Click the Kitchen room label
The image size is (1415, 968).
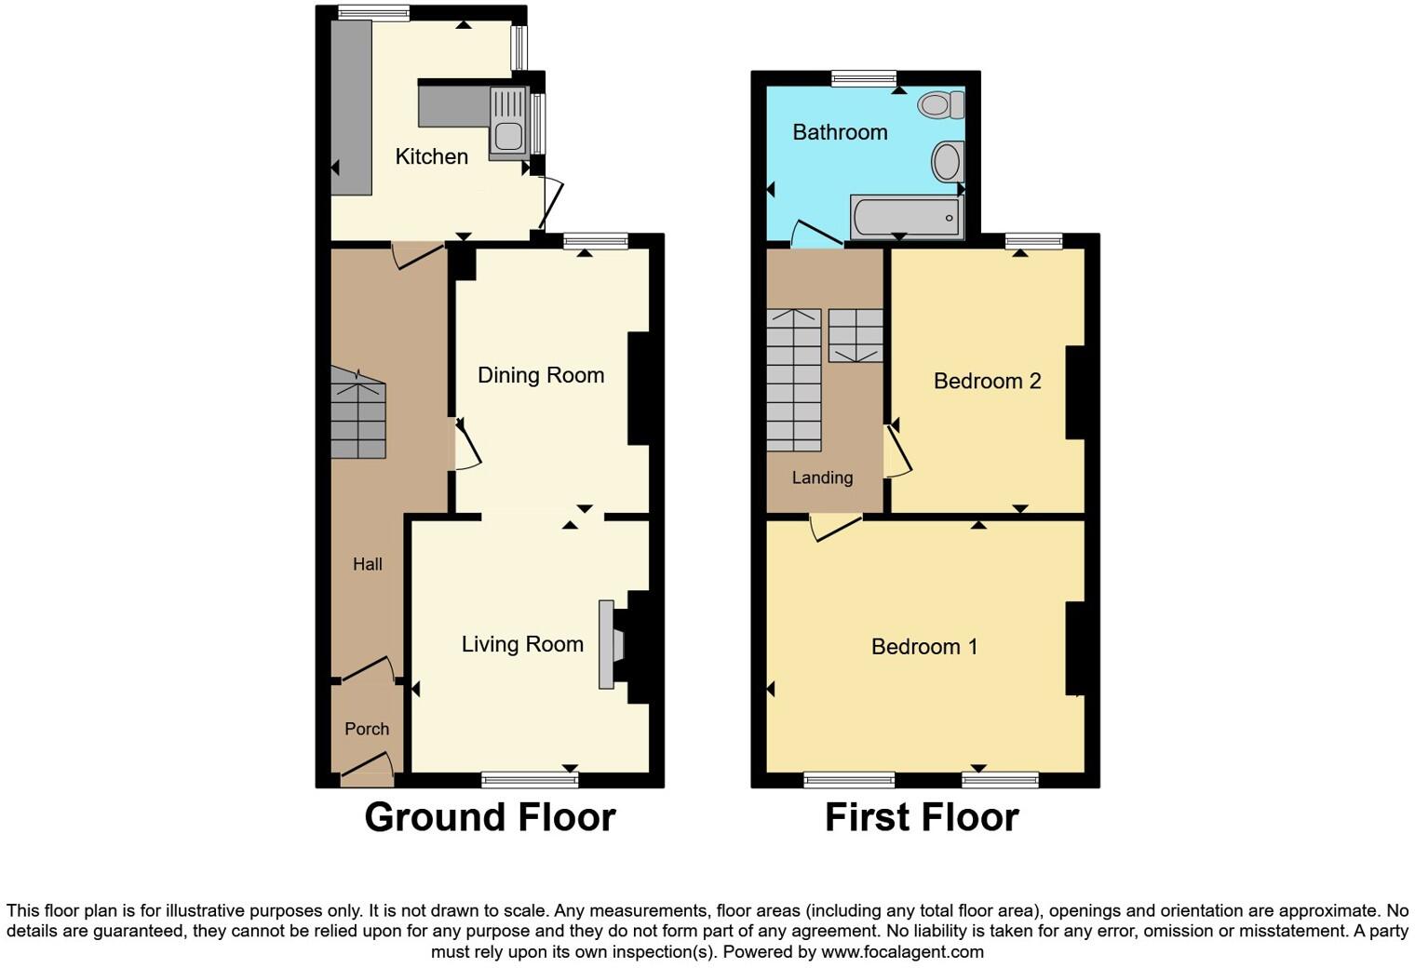coord(431,156)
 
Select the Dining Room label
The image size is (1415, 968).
coord(541,375)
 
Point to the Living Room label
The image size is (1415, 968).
coord(522,644)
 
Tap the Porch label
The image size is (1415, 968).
coord(367,729)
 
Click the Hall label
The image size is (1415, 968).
coord(368,564)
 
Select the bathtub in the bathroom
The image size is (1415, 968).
coord(906,217)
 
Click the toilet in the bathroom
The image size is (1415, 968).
coord(941,104)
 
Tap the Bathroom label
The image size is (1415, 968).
coord(840,132)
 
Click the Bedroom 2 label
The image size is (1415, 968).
coord(987,381)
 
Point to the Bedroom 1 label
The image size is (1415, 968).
coord(924,647)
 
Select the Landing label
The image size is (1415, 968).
coord(822,477)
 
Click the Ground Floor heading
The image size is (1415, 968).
coord(490,817)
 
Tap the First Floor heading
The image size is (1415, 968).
coord(922,817)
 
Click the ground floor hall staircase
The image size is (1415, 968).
coord(358,414)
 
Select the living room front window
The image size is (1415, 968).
coord(530,779)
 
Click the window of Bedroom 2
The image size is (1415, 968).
coord(1033,241)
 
